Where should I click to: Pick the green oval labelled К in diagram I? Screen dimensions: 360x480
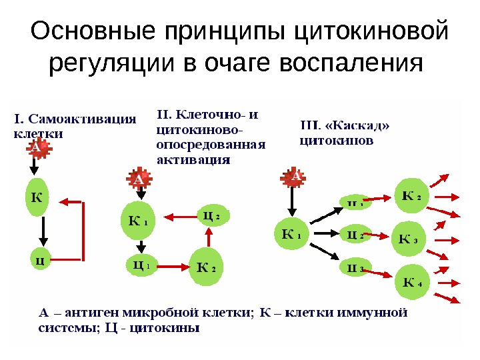[37, 197]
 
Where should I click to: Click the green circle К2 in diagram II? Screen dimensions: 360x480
[207, 267]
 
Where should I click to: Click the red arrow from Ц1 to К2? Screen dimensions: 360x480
[173, 267]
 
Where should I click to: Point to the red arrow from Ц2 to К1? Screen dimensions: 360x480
[179, 217]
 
